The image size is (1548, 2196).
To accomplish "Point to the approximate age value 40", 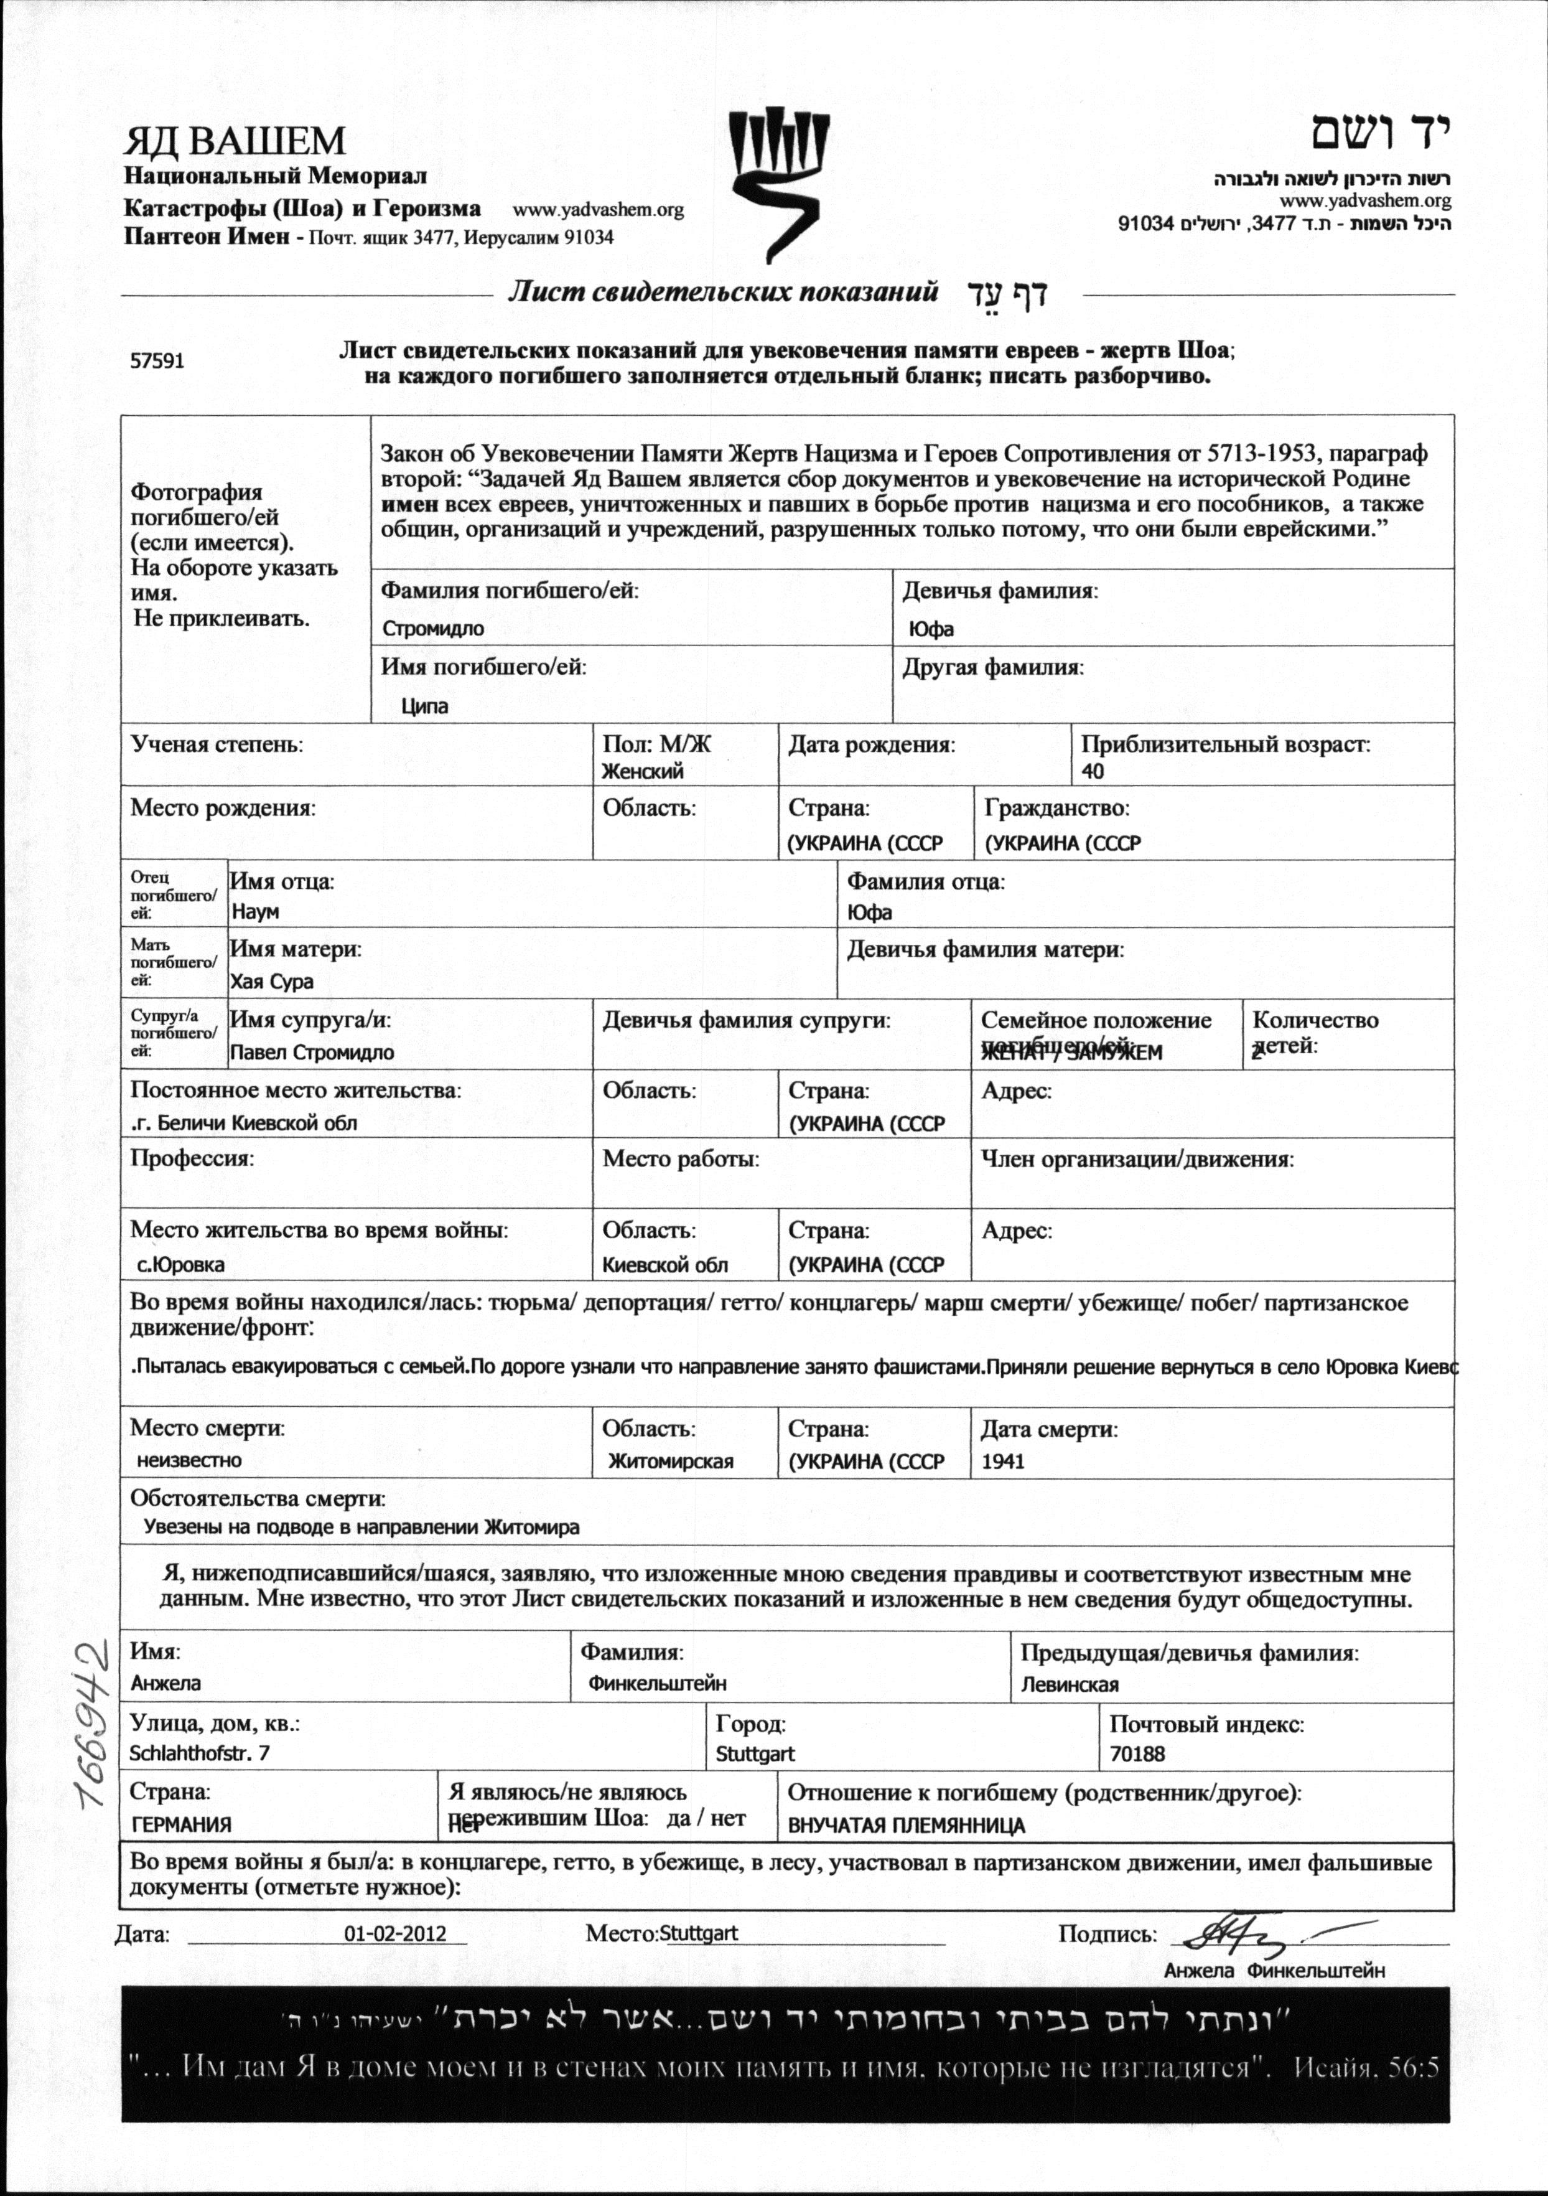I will pos(1093,771).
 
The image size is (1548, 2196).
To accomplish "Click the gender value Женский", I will pos(641,771).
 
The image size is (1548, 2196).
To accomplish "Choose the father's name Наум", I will pos(255,911).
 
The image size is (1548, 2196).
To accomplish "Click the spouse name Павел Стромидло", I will pos(312,1052).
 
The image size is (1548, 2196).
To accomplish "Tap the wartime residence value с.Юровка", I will pos(180,1264).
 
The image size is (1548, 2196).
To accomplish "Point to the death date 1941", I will pos(1002,1462).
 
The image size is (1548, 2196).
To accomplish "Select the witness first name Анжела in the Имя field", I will pos(166,1683).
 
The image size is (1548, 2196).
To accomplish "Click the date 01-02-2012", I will pos(395,1933).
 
